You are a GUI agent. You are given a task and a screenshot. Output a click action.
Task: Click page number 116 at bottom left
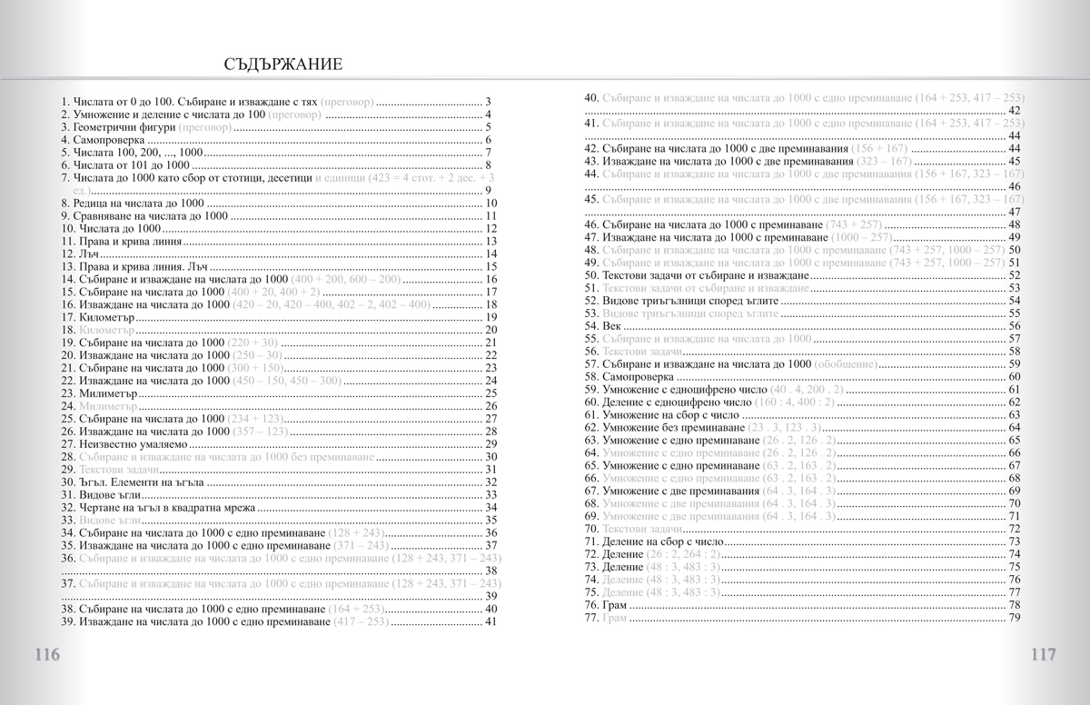[47, 656]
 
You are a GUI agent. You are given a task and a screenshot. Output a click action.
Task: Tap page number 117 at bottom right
[1042, 656]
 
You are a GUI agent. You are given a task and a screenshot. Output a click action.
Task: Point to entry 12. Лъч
[81, 254]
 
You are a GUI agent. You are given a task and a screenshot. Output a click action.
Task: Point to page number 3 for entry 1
[489, 102]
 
